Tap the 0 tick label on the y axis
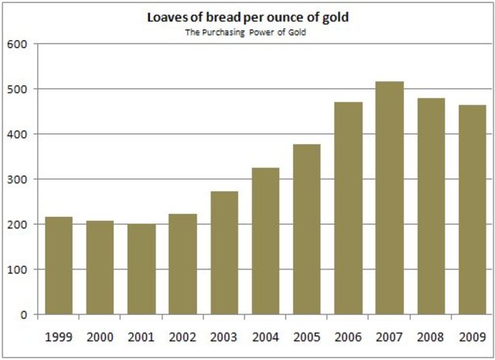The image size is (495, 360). [x=24, y=315]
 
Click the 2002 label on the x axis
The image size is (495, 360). [x=183, y=337]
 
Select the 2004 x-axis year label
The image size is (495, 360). [x=265, y=337]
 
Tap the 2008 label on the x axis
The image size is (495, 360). [x=431, y=337]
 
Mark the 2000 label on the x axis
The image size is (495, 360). [x=100, y=337]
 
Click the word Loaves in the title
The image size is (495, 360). [x=173, y=16]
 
